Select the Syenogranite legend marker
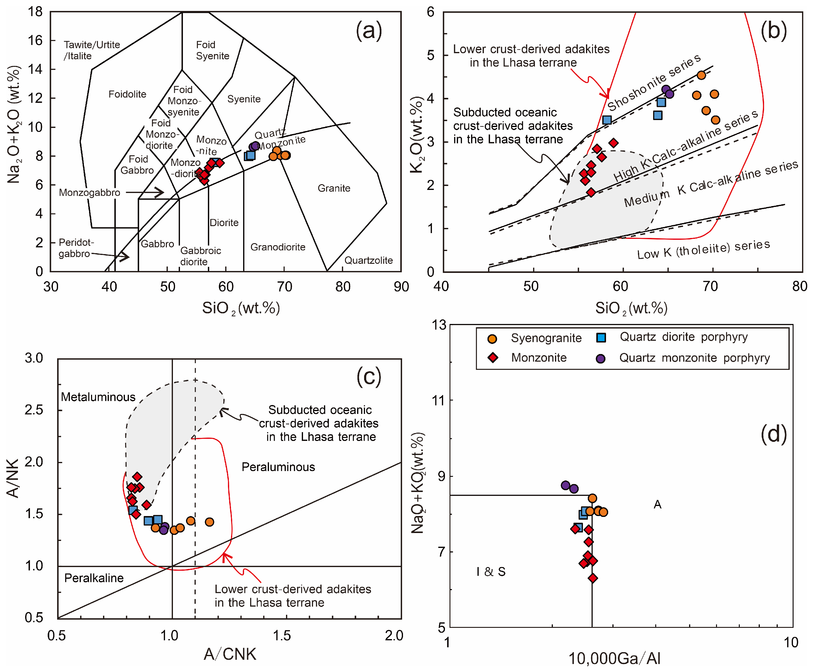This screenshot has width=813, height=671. (492, 339)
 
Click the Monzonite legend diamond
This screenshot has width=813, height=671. (493, 357)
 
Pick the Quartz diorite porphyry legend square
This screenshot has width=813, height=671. (601, 337)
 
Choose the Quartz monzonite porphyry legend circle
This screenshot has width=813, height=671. (600, 358)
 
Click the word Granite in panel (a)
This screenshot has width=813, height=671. (334, 188)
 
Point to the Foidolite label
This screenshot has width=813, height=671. (127, 94)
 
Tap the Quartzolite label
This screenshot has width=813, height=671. (368, 260)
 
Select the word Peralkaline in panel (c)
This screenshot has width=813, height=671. (94, 578)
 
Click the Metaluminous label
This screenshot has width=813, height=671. (98, 397)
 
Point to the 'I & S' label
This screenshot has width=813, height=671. (491, 571)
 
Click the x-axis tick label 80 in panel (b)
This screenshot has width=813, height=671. (799, 286)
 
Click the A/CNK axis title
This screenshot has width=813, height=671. (230, 654)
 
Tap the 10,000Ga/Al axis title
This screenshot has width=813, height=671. (614, 658)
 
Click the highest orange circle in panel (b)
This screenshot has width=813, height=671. (701, 75)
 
